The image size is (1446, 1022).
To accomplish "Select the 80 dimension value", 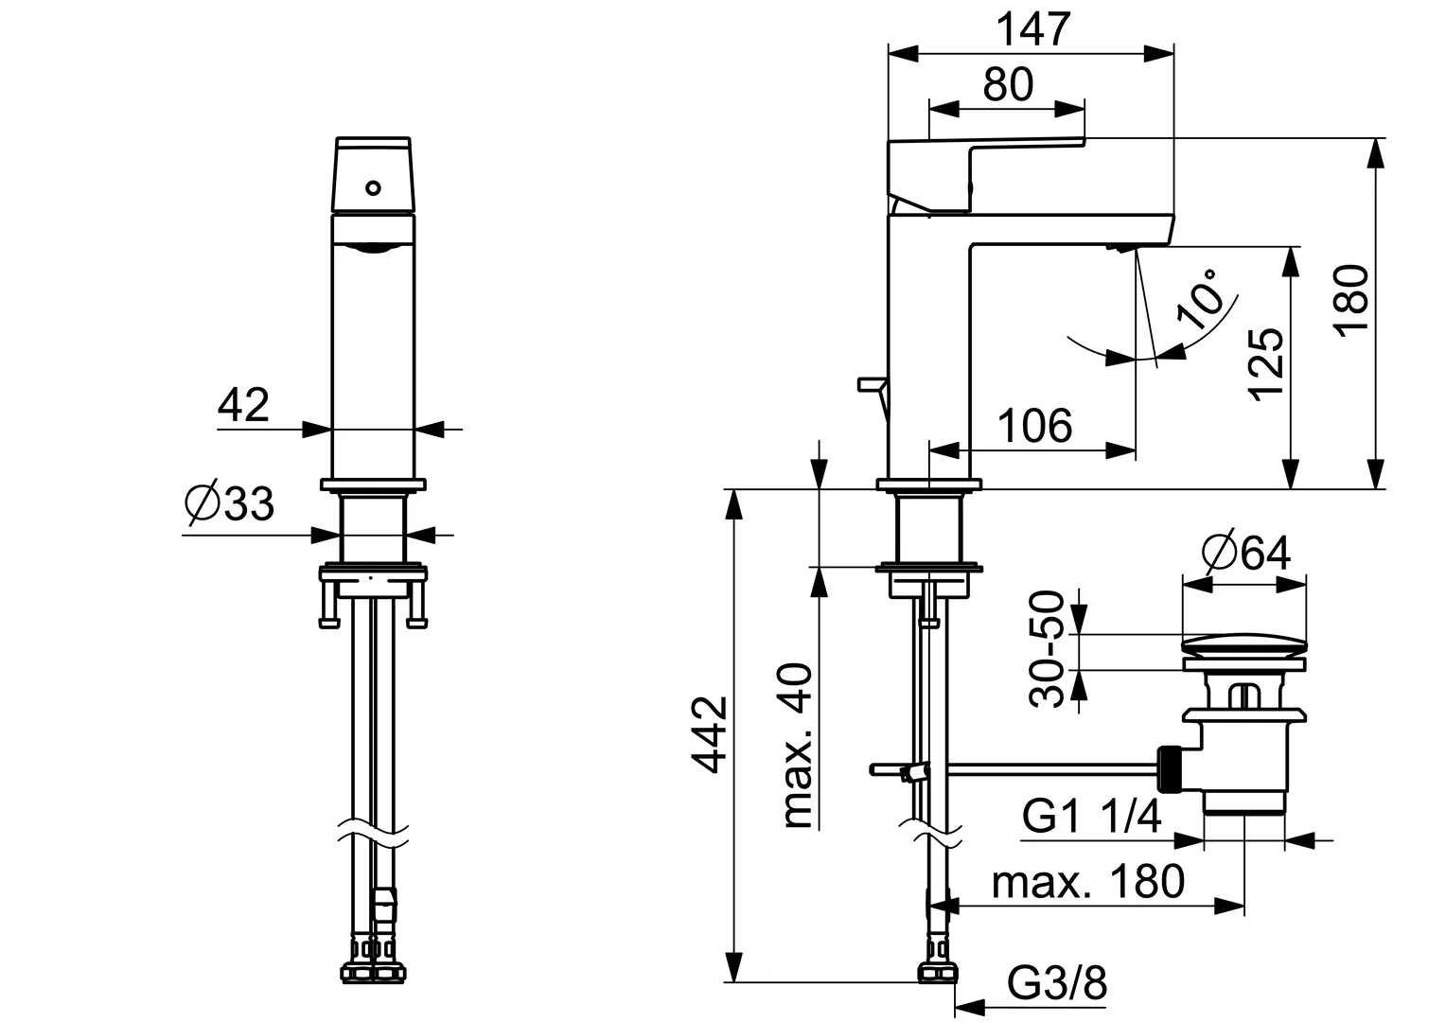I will pos(1007,85).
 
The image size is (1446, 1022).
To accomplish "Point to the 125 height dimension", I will pos(1266,365).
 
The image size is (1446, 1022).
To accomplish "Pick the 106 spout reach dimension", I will pos(1035,426).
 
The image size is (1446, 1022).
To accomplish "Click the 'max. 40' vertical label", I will pos(798,747).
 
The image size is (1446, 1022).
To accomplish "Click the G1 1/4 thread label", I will pos(1092,816).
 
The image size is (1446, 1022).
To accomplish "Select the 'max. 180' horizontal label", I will pos(1088,882).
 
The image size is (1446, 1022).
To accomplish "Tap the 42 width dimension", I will pos(244,406).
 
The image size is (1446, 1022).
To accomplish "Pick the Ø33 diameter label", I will pos(230,504).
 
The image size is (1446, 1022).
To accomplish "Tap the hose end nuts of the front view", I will pos(373,972).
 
